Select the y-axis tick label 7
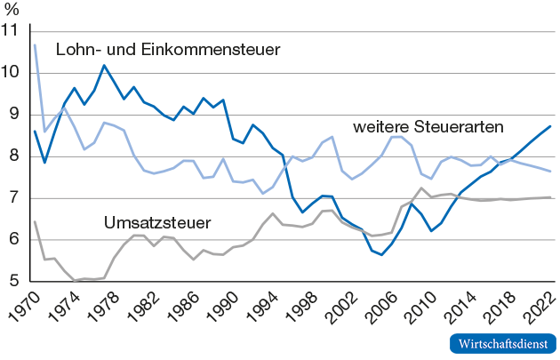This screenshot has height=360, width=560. [x=15, y=198]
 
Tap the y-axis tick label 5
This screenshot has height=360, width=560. [x=15, y=282]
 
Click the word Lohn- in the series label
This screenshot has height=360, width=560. [x=76, y=49]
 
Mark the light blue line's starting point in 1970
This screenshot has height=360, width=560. [x=35, y=44]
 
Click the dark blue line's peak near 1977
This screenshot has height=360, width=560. [x=104, y=65]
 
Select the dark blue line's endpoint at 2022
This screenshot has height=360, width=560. [x=550, y=126]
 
